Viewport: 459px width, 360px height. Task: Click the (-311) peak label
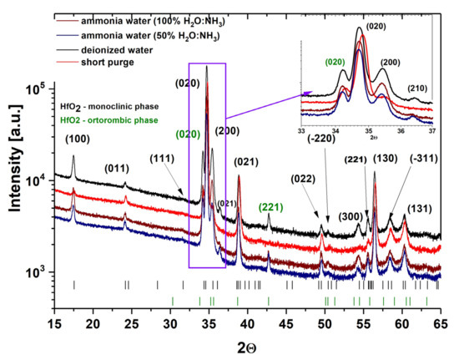[428, 158]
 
